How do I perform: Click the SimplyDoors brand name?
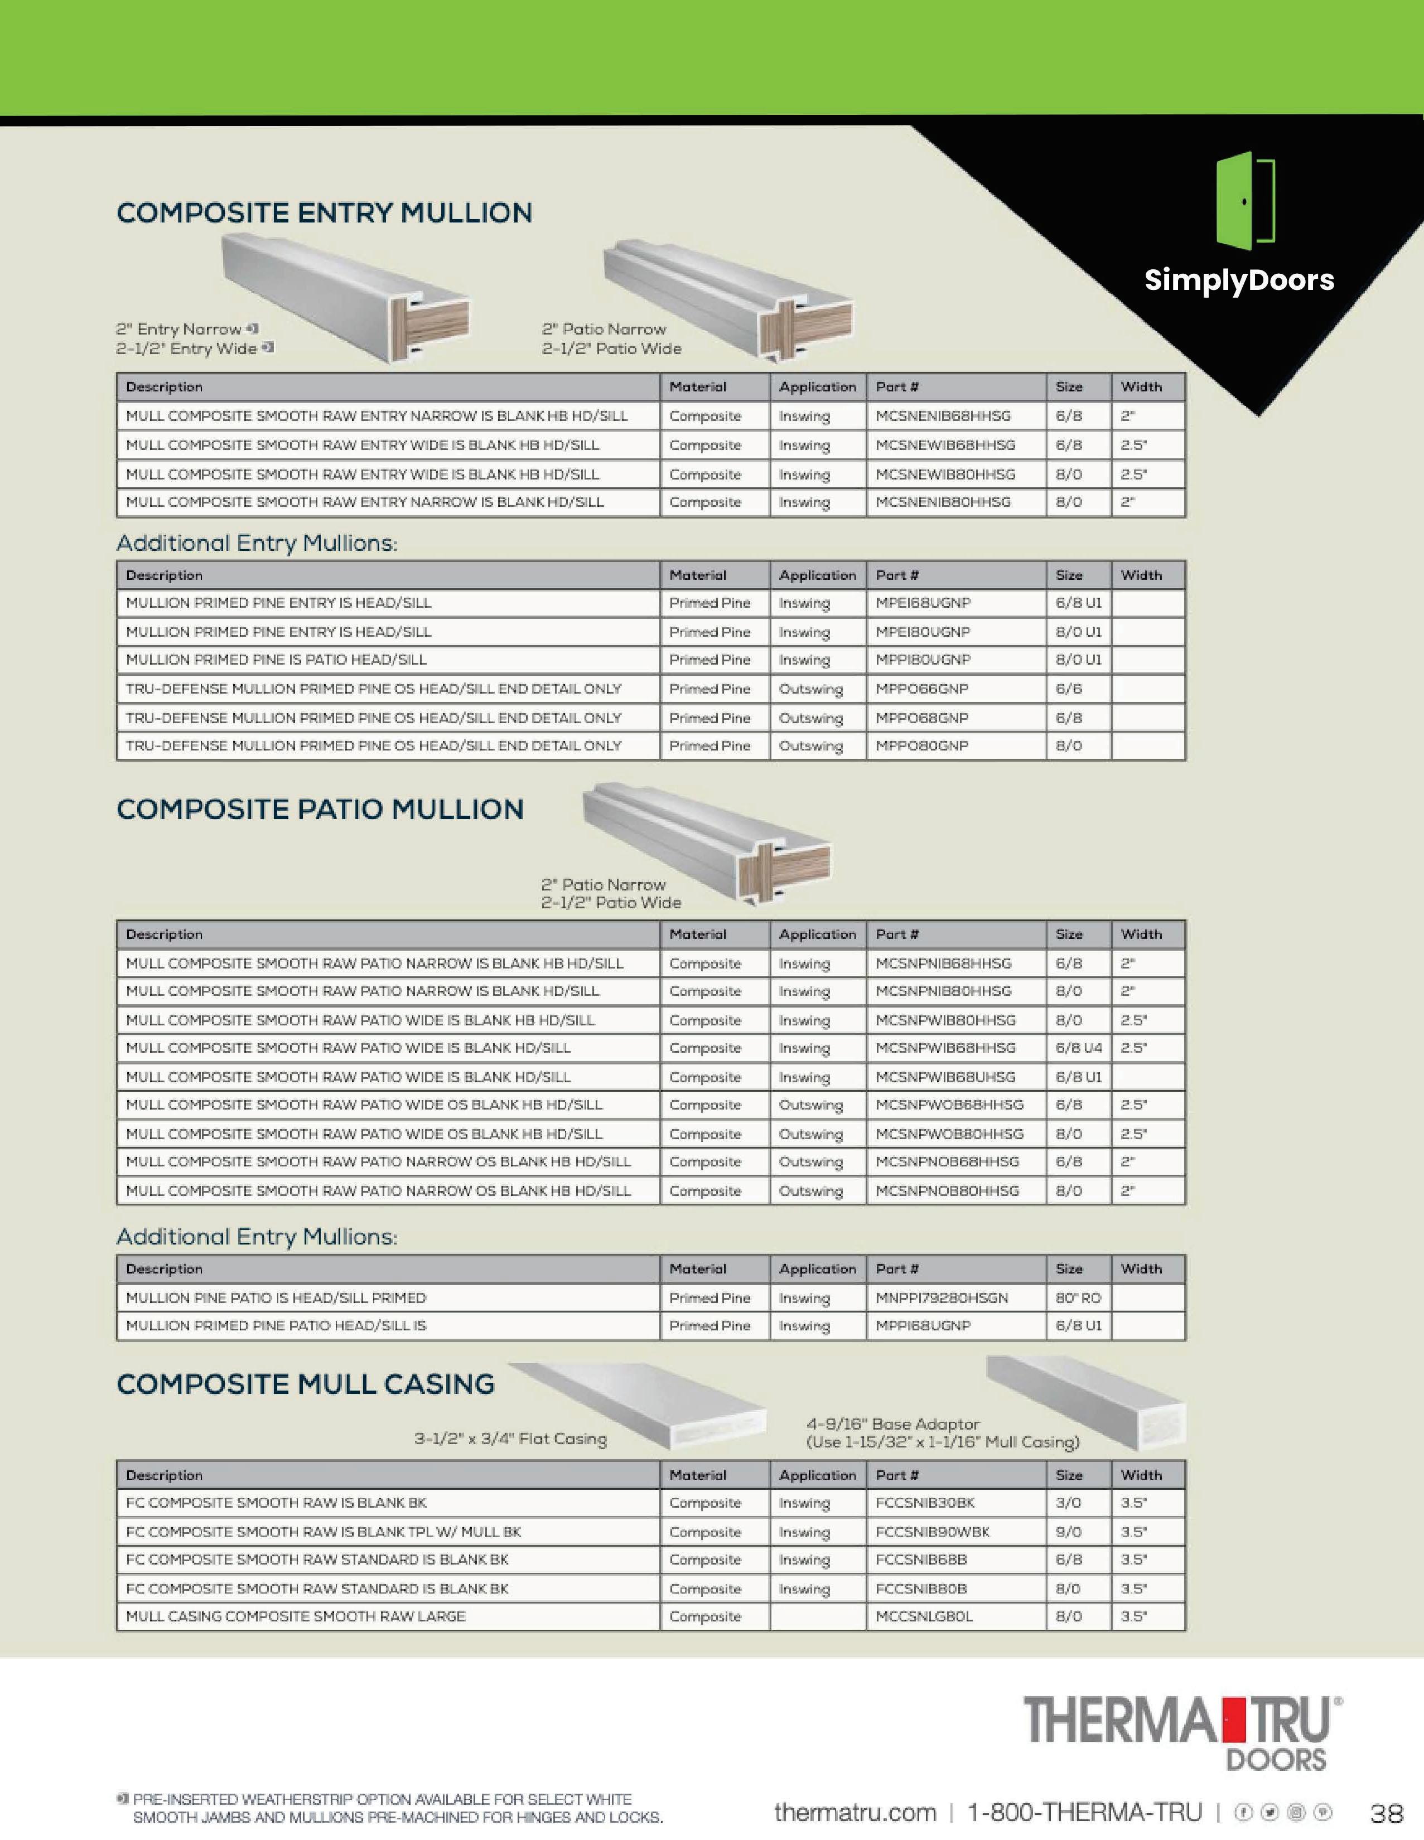[1239, 280]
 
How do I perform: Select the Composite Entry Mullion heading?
[325, 213]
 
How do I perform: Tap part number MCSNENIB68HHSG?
[943, 416]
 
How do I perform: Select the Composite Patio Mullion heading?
[320, 810]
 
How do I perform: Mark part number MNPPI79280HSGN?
[941, 1298]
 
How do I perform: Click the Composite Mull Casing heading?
[306, 1384]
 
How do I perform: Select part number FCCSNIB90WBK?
[932, 1532]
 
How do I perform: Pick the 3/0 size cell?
[1069, 1503]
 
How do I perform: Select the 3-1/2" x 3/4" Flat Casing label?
[510, 1439]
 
